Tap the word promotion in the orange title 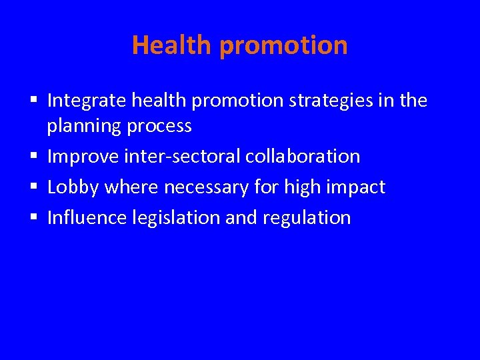pyautogui.click(x=283, y=46)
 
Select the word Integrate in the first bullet pyautogui.click(x=87, y=101)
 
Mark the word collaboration pyautogui.click(x=303, y=157)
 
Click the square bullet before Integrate pyautogui.click(x=33, y=101)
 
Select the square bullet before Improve pyautogui.click(x=33, y=157)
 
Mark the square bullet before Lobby pyautogui.click(x=33, y=188)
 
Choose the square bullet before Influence pyautogui.click(x=33, y=218)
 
